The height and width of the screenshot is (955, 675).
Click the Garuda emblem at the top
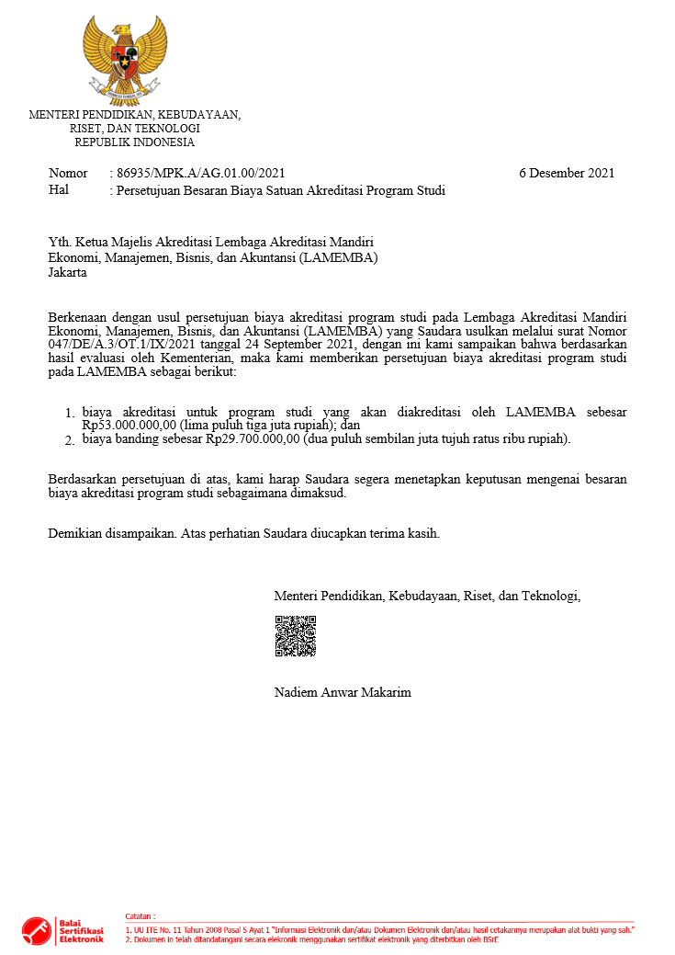point(125,58)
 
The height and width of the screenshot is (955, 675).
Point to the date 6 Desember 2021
point(567,173)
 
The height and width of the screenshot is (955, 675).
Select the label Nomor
point(68,173)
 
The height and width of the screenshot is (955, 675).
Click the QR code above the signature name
point(295,636)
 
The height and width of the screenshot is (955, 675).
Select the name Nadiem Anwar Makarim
point(343,692)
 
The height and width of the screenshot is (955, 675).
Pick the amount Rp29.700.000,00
point(253,439)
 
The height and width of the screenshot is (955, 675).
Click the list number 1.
point(70,415)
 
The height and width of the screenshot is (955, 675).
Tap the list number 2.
point(70,441)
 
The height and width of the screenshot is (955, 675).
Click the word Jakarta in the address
point(68,273)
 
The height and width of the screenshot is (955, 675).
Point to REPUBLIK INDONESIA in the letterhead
point(135,142)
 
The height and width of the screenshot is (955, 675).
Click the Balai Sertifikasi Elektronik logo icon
point(37,931)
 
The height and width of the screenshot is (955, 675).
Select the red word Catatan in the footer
point(140,916)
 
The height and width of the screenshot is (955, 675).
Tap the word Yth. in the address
point(60,242)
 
